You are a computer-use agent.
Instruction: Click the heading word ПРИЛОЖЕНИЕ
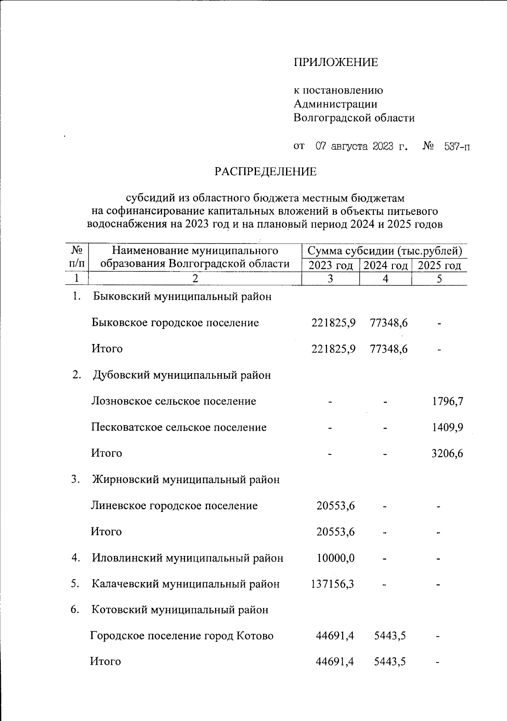pyautogui.click(x=336, y=63)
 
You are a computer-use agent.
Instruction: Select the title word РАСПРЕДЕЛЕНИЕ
pyautogui.click(x=265, y=172)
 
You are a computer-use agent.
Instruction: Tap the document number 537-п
pyautogui.click(x=457, y=147)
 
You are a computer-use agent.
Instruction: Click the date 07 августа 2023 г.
pyautogui.click(x=362, y=147)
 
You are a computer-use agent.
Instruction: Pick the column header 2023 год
pyautogui.click(x=330, y=266)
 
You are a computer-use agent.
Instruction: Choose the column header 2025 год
pyautogui.click(x=439, y=266)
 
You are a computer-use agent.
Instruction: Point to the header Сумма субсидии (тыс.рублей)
pyautogui.click(x=384, y=251)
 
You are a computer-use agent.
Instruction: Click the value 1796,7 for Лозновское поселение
pyautogui.click(x=447, y=401)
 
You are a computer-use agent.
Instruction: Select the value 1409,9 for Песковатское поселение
pyautogui.click(x=447, y=427)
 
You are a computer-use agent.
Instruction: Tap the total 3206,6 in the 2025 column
pyautogui.click(x=447, y=454)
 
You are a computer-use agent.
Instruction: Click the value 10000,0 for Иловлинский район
pyautogui.click(x=335, y=558)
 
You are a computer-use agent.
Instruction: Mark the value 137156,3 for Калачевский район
pyautogui.click(x=332, y=584)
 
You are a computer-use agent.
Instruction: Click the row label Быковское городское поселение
pyautogui.click(x=175, y=323)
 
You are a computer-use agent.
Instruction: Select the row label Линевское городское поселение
pyautogui.click(x=174, y=506)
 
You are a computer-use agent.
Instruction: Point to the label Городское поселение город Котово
pyautogui.click(x=182, y=636)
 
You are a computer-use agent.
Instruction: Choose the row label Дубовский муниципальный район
pyautogui.click(x=182, y=375)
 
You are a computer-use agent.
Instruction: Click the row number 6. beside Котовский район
pyautogui.click(x=75, y=610)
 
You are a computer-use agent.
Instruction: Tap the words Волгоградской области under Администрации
pyautogui.click(x=354, y=118)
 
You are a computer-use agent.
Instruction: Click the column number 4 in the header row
pyautogui.click(x=385, y=279)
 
